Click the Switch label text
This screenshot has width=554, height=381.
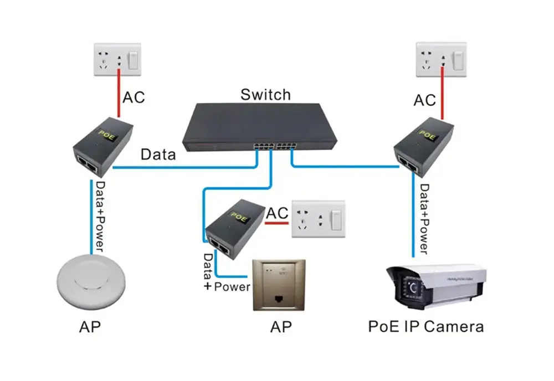265,94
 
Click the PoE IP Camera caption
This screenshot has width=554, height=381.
425,326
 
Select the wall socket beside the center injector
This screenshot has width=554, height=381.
318,219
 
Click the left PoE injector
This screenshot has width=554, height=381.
103,146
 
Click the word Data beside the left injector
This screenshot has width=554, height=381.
158,155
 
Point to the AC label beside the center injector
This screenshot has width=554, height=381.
278,213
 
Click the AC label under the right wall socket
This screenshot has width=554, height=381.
424,100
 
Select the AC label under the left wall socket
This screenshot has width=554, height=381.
134,97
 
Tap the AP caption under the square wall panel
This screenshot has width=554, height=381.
280,327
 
